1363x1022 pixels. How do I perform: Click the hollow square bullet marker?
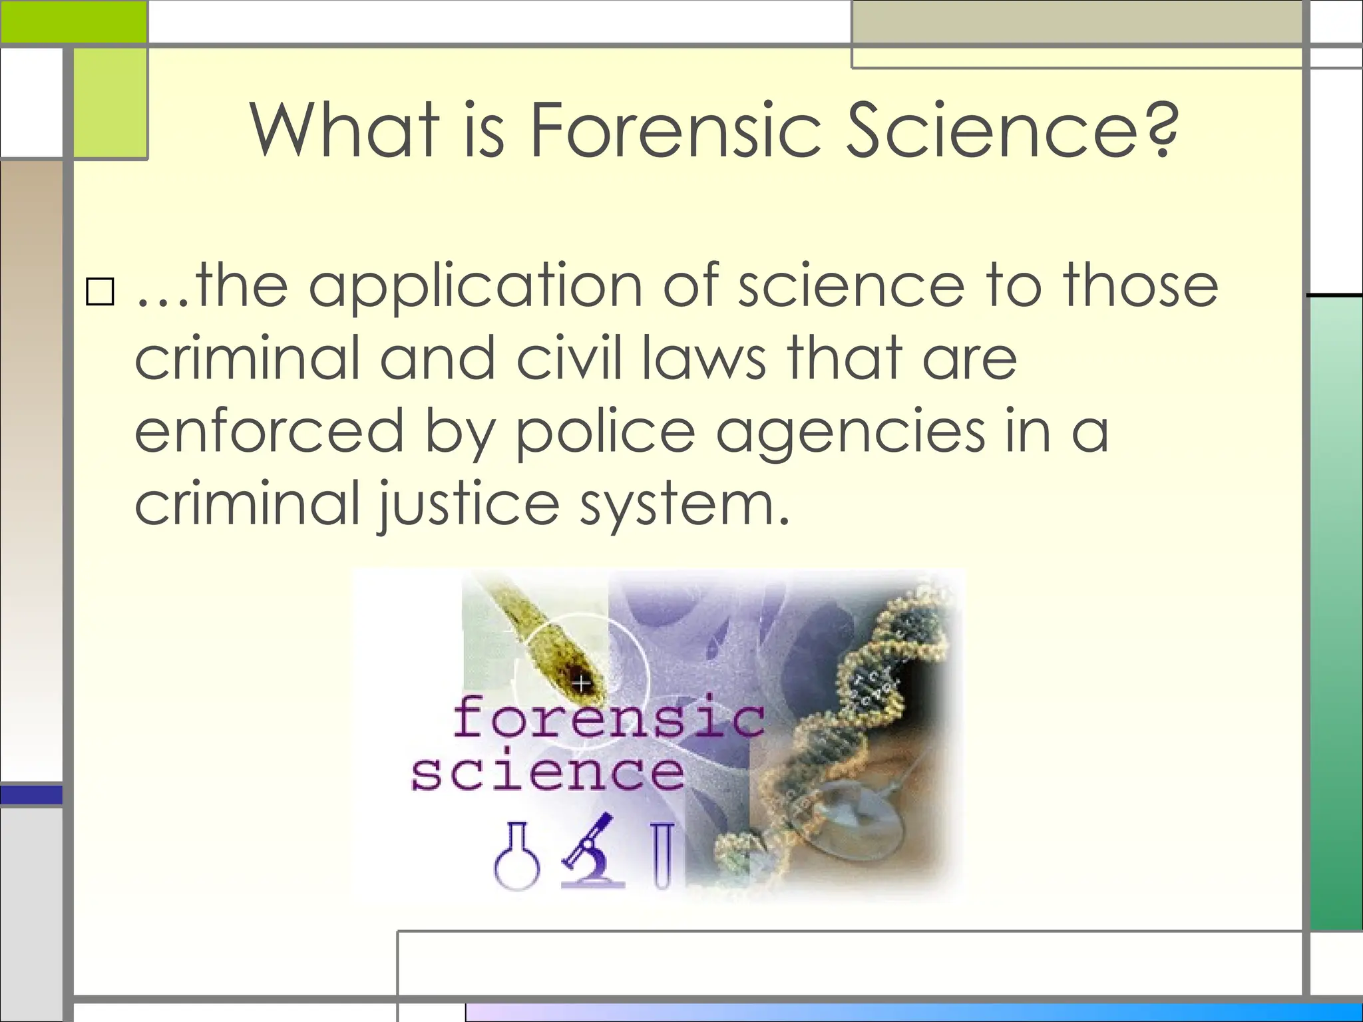tap(100, 291)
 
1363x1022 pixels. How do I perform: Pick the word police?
tap(605, 432)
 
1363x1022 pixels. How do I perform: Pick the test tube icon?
tap(662, 856)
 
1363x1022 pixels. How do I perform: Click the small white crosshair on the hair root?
tap(582, 683)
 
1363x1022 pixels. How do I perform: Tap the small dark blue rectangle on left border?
tap(31, 795)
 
